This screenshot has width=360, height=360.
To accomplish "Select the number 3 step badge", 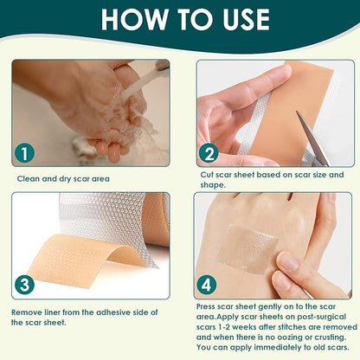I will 25,283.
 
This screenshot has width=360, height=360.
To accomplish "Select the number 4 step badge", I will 209,283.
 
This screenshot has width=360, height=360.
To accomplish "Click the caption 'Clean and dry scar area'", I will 68,179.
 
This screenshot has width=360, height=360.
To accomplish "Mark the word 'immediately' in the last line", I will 272,349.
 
